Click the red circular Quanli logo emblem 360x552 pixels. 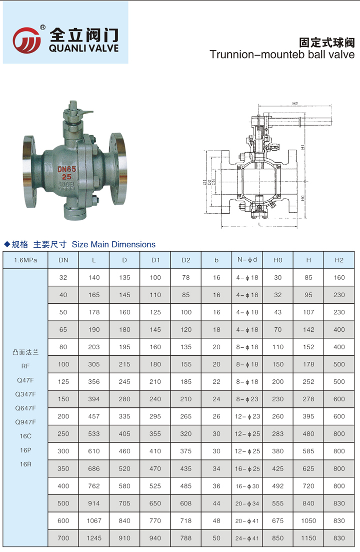pos(26,40)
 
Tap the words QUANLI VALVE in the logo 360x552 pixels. pos(83,48)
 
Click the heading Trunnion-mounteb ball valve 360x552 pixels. pos(282,55)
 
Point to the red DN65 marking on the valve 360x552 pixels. pos(67,169)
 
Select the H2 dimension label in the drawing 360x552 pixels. pos(295,104)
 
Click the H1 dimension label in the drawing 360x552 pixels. pos(302,147)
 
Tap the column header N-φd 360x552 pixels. pos(247,260)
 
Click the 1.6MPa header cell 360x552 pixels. pos(25,260)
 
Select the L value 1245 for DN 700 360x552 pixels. pos(94,538)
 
